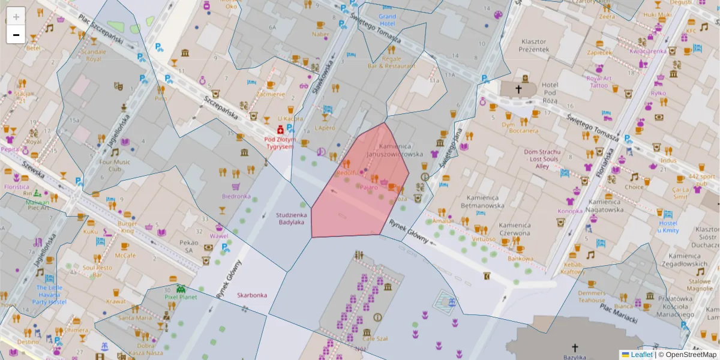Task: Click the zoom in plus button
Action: click(16, 17)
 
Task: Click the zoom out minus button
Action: click(16, 35)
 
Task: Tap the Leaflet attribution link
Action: click(641, 355)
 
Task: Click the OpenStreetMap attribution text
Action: click(690, 355)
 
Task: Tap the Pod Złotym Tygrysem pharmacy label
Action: click(280, 143)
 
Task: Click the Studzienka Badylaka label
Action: click(292, 218)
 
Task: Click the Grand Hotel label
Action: click(388, 20)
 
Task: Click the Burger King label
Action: click(127, 227)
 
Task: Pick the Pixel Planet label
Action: click(181, 296)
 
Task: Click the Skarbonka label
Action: click(251, 295)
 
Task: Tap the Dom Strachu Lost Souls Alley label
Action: click(542, 159)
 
